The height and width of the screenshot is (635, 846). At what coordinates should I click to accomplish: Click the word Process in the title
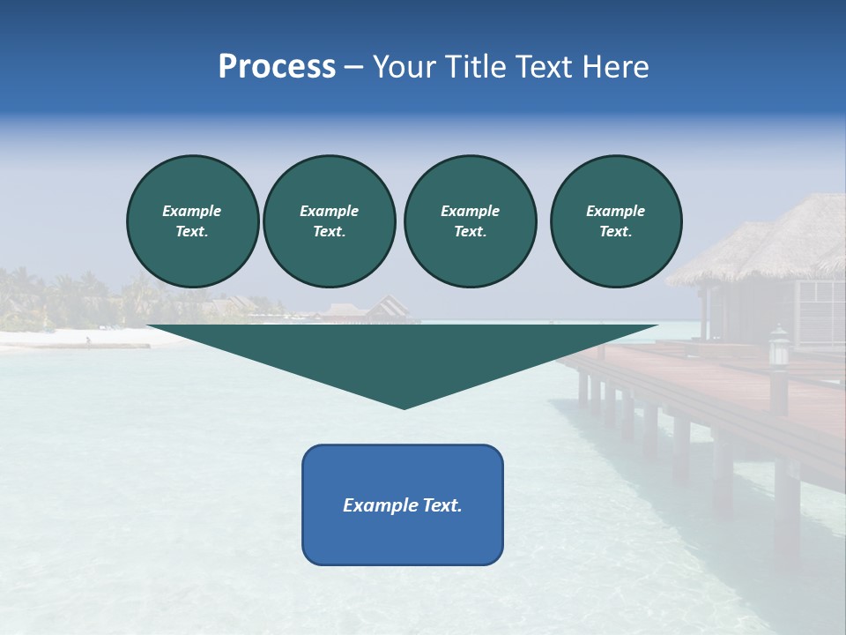277,67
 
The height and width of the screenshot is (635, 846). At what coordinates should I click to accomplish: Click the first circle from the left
192,220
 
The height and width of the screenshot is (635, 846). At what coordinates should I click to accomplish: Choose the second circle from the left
329,220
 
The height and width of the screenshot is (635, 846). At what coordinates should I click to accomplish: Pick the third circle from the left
470,220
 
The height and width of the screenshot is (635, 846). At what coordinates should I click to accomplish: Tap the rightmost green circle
616,220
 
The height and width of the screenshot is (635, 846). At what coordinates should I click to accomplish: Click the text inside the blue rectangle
403,505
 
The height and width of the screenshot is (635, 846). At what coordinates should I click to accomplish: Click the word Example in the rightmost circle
616,211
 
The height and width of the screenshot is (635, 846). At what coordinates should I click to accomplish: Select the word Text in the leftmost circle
191,232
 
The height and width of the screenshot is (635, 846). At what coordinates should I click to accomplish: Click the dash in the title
353,67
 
